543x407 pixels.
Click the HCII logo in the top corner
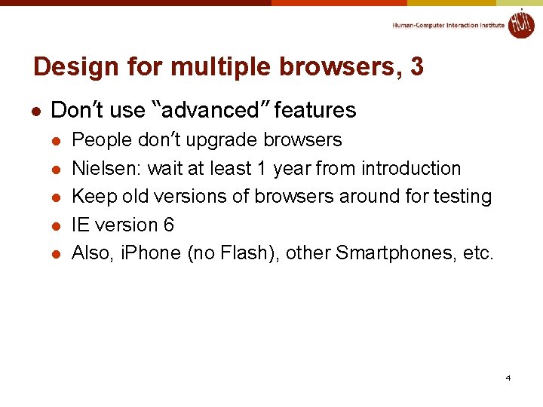(520, 23)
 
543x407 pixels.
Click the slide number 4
(508, 378)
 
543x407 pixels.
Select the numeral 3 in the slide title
(416, 67)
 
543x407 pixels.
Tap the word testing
(461, 197)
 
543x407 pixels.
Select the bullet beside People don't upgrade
(55, 141)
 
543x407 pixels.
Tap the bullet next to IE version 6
(55, 225)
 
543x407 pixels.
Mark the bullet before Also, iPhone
(55, 254)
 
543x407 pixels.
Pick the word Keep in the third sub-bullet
(90, 197)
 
